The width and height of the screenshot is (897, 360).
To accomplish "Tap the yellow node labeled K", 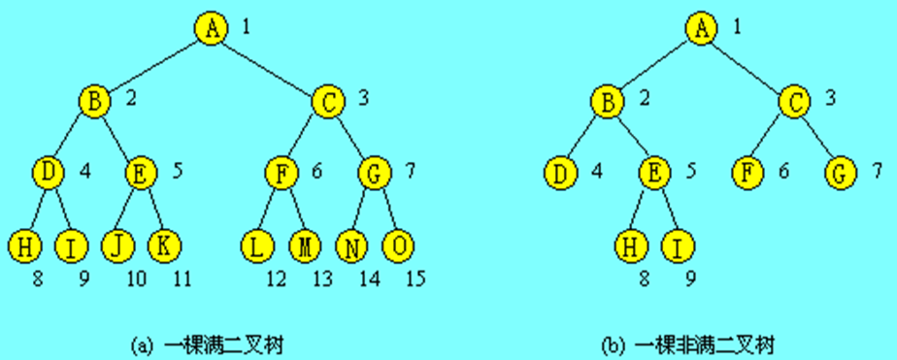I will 164,246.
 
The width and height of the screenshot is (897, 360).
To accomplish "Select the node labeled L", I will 256,246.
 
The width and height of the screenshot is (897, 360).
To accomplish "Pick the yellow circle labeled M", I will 304,246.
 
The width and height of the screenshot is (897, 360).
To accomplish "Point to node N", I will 351,246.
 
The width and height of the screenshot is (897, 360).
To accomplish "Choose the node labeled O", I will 398,246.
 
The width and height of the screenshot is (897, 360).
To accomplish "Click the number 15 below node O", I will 415,281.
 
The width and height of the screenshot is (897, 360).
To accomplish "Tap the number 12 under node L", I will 276,281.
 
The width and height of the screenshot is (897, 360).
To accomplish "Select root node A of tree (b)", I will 700,27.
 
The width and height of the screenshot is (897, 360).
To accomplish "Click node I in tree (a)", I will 70,246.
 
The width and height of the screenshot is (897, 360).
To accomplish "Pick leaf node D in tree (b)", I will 559,175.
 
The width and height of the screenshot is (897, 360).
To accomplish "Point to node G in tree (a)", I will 374,175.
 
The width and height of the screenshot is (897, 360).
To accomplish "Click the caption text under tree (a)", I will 210,344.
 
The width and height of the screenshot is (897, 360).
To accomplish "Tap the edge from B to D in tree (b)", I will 582,137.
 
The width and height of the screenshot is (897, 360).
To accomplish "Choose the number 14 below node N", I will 370,281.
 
